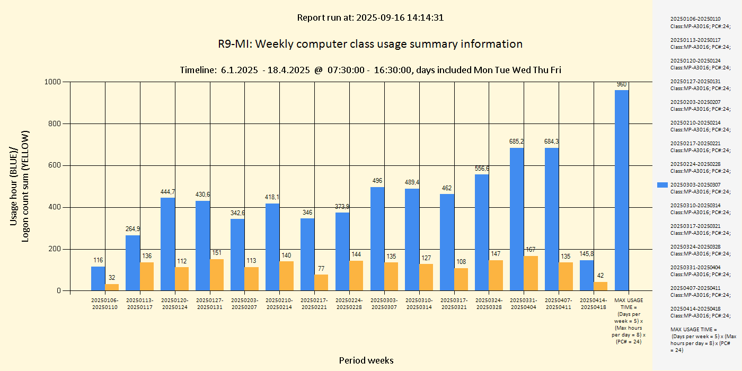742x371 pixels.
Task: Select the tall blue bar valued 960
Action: (622, 190)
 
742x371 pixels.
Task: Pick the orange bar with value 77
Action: (321, 282)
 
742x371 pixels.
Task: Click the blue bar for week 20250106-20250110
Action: (98, 278)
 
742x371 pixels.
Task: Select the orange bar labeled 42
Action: (600, 286)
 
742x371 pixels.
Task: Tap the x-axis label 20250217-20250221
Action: (314, 304)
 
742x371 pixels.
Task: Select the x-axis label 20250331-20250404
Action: (524, 304)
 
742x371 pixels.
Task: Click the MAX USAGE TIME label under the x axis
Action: (629, 321)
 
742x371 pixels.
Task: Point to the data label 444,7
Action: (168, 192)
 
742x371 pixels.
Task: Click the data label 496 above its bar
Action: (377, 181)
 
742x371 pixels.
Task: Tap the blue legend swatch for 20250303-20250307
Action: (662, 185)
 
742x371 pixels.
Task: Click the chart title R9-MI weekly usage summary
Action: (370, 44)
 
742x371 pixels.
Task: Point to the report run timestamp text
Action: (370, 17)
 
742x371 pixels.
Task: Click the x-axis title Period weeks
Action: (366, 360)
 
